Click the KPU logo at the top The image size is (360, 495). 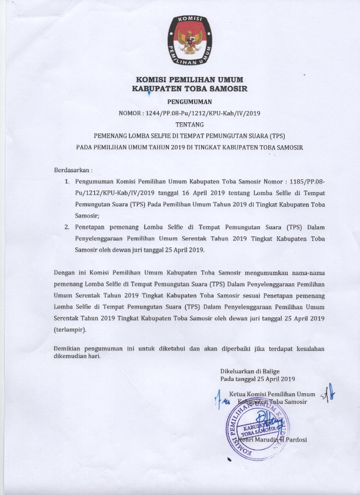[x=189, y=40]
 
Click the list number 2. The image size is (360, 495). [x=67, y=227]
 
